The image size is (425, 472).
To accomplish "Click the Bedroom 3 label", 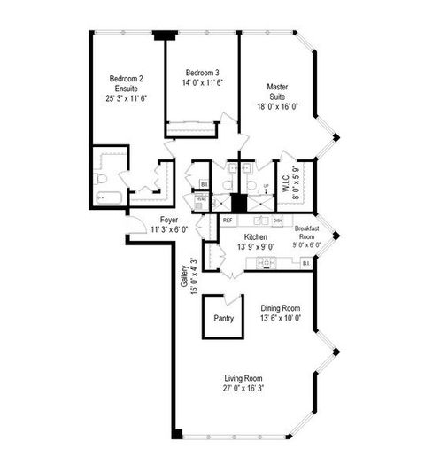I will [202, 72].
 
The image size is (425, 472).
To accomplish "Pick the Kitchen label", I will [255, 236].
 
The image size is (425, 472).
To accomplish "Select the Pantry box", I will [224, 319].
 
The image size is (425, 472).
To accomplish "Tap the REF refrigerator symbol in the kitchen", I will [228, 220].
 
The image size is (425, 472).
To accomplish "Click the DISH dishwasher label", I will [277, 220].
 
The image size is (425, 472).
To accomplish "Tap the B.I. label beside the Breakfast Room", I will [306, 263].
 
